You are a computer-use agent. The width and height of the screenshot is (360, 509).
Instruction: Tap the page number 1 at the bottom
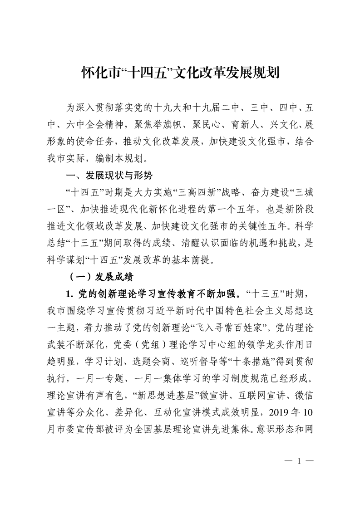(299, 462)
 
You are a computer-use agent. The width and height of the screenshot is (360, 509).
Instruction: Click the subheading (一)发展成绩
(100, 275)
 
